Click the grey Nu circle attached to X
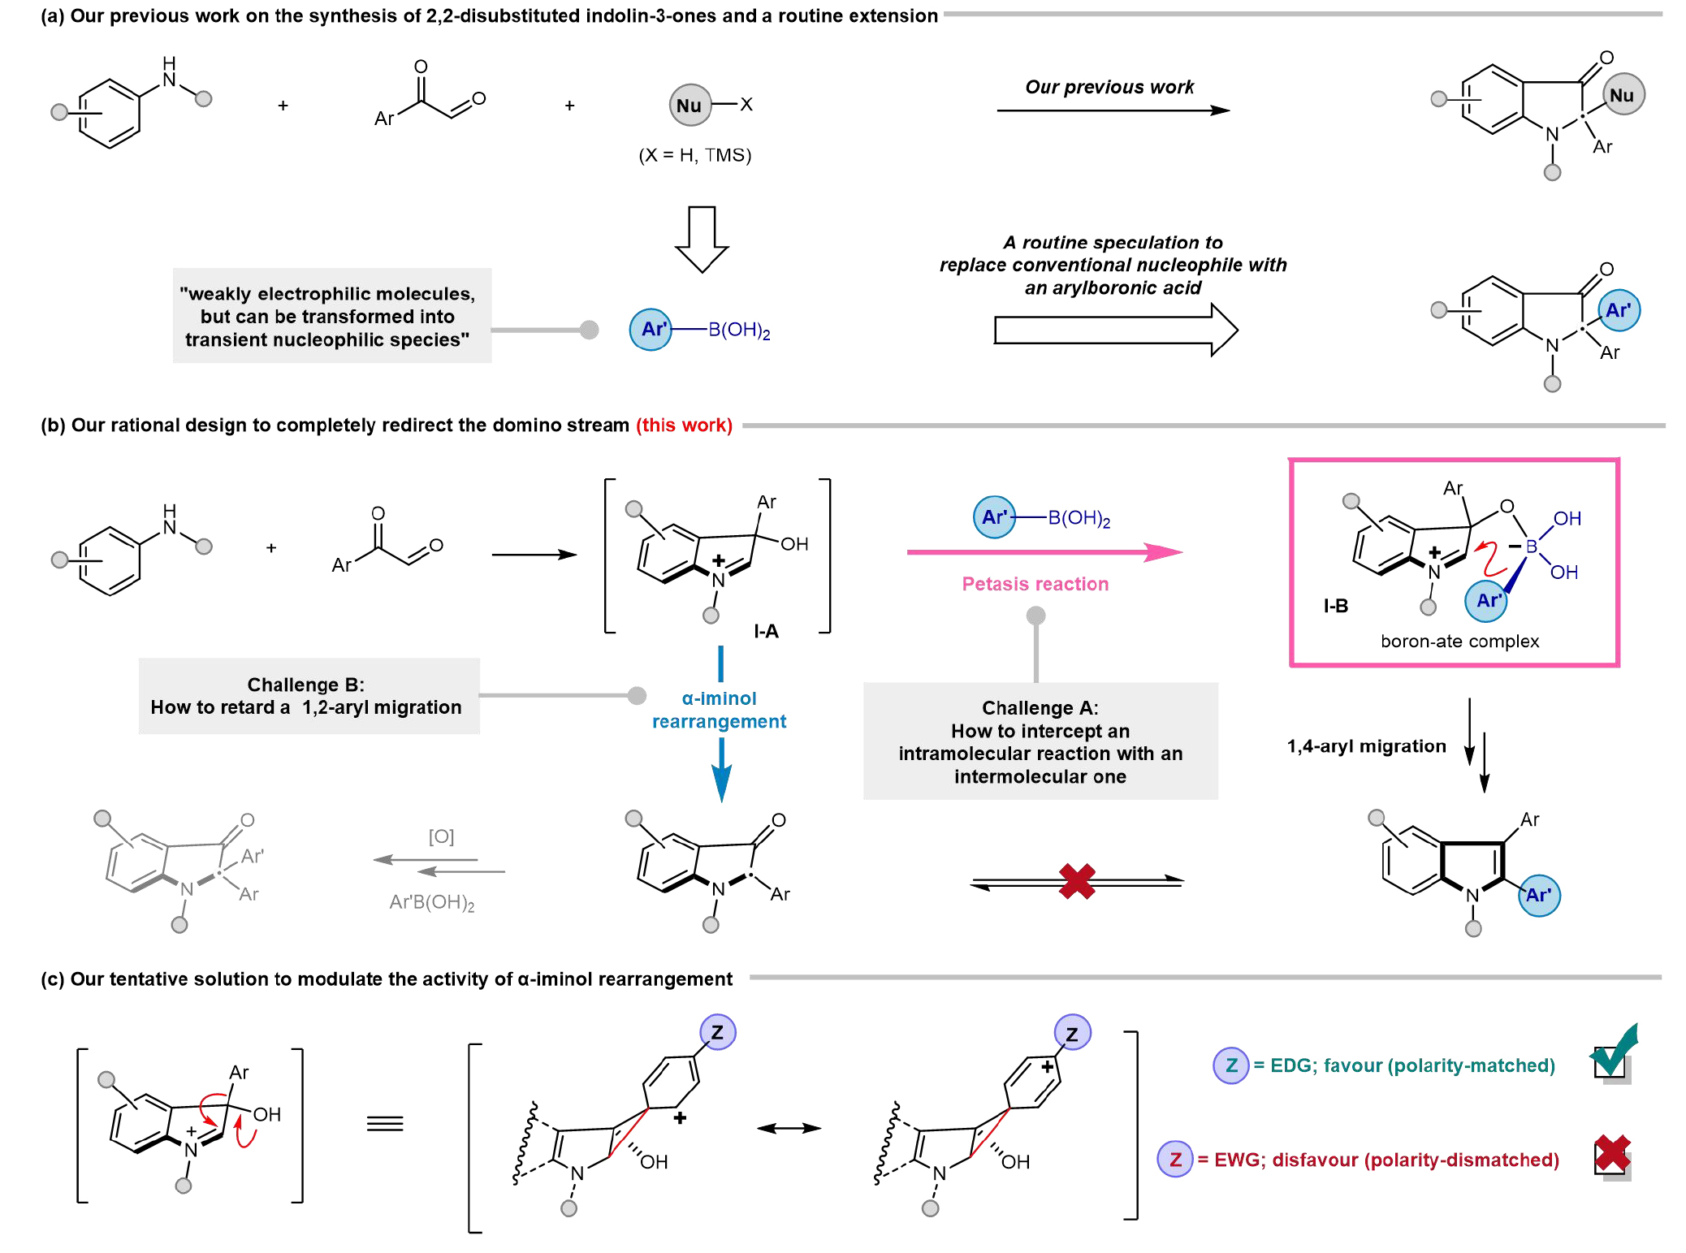[690, 105]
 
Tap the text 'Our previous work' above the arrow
[1109, 87]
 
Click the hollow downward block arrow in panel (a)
[702, 239]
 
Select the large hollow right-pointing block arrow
[1115, 330]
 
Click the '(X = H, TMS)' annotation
[694, 155]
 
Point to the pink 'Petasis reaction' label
[1035, 584]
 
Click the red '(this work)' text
[684, 426]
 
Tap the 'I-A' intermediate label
[766, 631]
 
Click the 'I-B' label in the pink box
[1335, 606]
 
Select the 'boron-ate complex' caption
[1459, 642]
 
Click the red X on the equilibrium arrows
[1077, 881]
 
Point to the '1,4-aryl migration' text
[1366, 746]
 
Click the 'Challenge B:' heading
[305, 685]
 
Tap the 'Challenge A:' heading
[1040, 708]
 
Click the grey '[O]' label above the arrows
[441, 836]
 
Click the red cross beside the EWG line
[1612, 1154]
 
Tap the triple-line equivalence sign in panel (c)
[385, 1124]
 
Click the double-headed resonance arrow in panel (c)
[789, 1128]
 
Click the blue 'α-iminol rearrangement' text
[719, 710]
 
